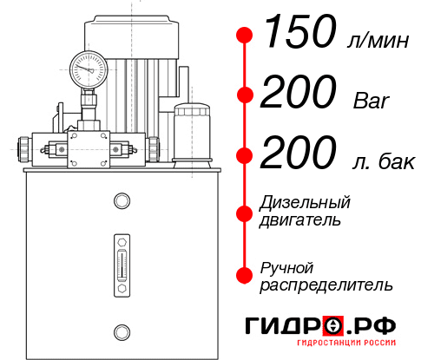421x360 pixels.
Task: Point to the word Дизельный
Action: pyautogui.click(x=305, y=203)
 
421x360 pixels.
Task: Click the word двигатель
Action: pyautogui.click(x=300, y=220)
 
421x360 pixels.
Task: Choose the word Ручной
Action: pyautogui.click(x=286, y=266)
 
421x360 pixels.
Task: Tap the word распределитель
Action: pyautogui.click(x=326, y=285)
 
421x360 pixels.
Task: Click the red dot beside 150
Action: pyautogui.click(x=245, y=36)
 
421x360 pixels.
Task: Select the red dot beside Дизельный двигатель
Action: pyautogui.click(x=245, y=212)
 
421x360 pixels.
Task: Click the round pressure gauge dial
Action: pyautogui.click(x=88, y=66)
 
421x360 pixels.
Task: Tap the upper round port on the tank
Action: pyautogui.click(x=122, y=201)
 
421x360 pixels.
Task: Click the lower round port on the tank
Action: pyautogui.click(x=122, y=330)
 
